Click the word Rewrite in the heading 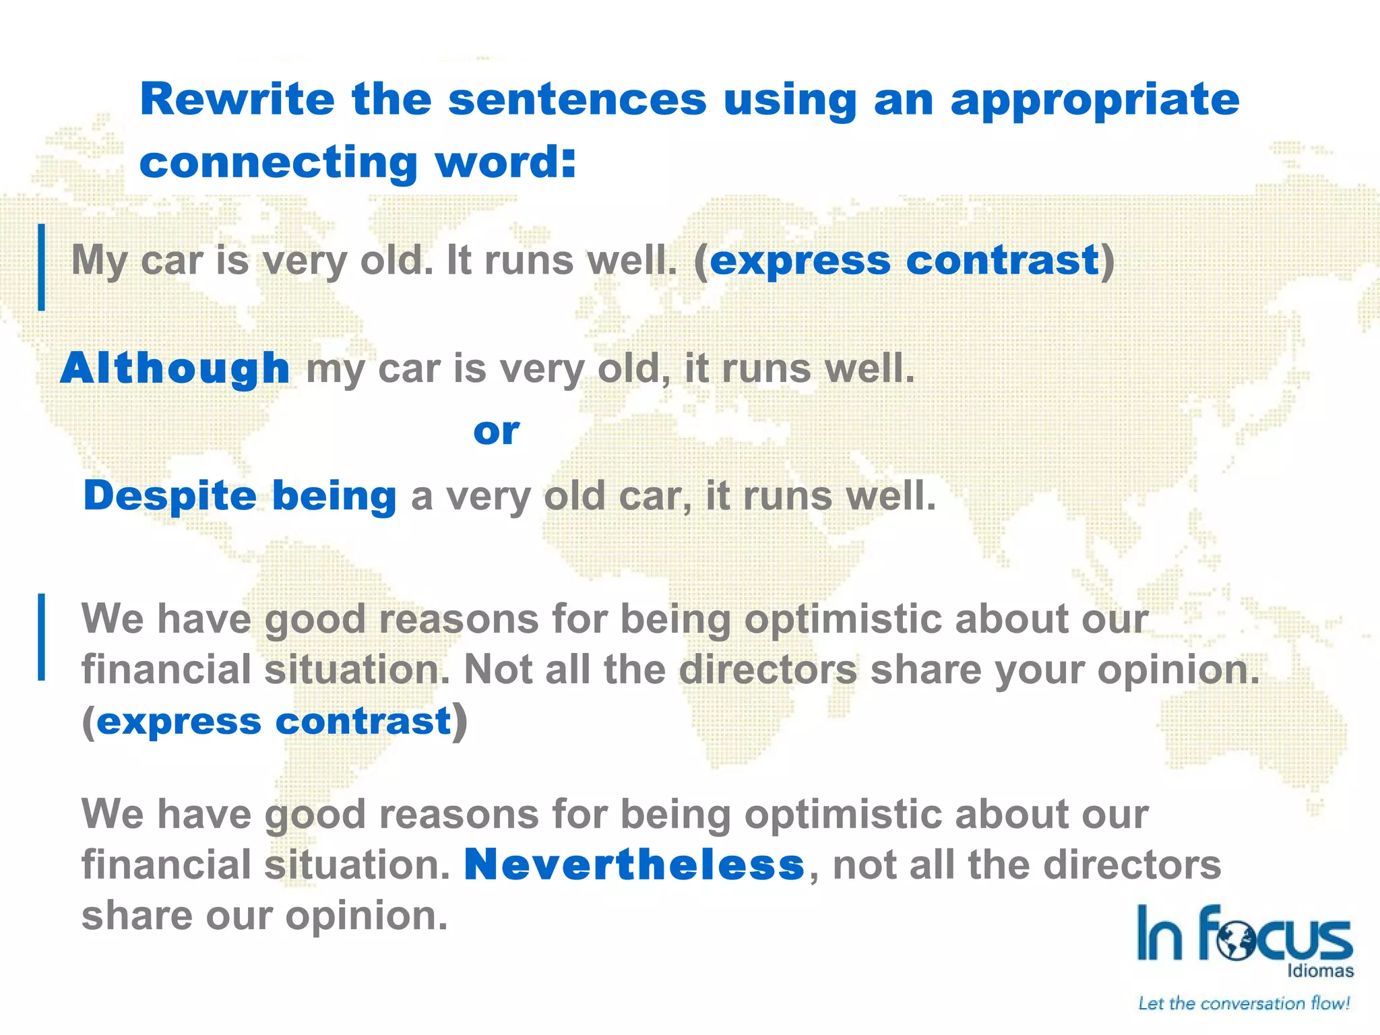[237, 99]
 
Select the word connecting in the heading [278, 164]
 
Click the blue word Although [175, 369]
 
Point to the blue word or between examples [497, 431]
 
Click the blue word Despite [170, 496]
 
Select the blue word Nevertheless [634, 865]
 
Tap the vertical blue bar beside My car [42, 267]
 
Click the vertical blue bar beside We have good [42, 637]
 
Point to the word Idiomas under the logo [1320, 971]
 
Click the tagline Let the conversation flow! [1244, 1003]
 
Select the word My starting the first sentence [99, 260]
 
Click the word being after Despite [334, 496]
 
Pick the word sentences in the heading [577, 99]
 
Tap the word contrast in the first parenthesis [1003, 260]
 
